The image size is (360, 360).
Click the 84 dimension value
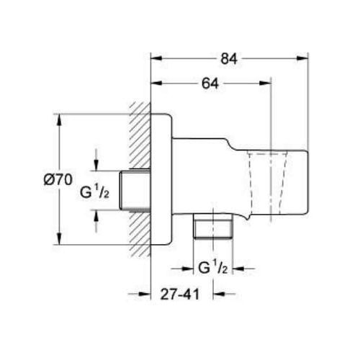click(x=229, y=58)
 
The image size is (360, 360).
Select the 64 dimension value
click(x=210, y=84)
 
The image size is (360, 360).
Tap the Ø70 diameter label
click(x=58, y=179)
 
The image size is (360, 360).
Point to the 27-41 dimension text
click(x=180, y=294)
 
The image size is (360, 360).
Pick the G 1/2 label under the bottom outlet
click(x=212, y=268)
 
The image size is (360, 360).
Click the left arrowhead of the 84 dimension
click(x=156, y=58)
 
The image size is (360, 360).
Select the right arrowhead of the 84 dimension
click(x=302, y=58)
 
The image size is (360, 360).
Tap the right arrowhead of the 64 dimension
click(x=265, y=84)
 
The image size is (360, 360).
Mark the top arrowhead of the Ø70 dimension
click(x=59, y=120)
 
